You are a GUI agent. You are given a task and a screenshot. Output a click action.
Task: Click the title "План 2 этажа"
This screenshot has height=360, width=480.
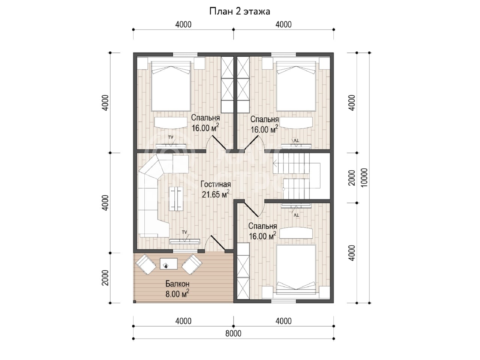pyautogui.click(x=240, y=11)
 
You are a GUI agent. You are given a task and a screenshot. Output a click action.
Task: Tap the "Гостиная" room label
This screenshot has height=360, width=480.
pyautogui.click(x=216, y=184)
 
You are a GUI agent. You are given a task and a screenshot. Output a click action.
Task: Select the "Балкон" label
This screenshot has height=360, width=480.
pyautogui.click(x=177, y=284)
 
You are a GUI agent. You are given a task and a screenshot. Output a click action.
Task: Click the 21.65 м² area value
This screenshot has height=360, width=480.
pyautogui.click(x=215, y=194)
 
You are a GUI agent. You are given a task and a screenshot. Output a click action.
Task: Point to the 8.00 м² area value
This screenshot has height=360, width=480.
pyautogui.click(x=177, y=294)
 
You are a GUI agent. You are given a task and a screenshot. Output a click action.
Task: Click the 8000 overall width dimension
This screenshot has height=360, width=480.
pyautogui.click(x=233, y=333)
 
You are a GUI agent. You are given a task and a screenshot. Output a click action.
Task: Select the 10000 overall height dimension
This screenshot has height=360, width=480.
pyautogui.click(x=364, y=178)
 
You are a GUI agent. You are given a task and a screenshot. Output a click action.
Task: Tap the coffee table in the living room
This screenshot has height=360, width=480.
pyautogui.click(x=176, y=199)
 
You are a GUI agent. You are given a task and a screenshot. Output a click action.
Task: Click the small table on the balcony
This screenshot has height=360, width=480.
pyautogui.click(x=169, y=264)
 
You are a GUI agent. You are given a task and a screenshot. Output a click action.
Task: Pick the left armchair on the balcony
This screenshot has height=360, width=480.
pyautogui.click(x=145, y=264)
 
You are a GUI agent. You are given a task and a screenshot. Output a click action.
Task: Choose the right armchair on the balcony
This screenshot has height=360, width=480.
pyautogui.click(x=192, y=264)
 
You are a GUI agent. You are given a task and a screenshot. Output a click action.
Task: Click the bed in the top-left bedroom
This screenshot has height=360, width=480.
pyautogui.click(x=171, y=86)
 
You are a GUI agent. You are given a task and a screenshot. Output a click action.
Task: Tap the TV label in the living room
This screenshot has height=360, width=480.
pyautogui.click(x=184, y=232)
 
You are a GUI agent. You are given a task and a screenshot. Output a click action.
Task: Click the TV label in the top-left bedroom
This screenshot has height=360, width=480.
pyautogui.click(x=171, y=137)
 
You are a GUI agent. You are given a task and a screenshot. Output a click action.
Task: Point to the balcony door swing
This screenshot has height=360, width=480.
pyautogui.click(x=215, y=243)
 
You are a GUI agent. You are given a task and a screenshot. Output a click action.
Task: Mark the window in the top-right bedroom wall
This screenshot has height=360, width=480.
pyautogui.click(x=283, y=54)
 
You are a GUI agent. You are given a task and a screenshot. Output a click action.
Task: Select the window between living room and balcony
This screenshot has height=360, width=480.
pyautogui.click(x=186, y=251)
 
